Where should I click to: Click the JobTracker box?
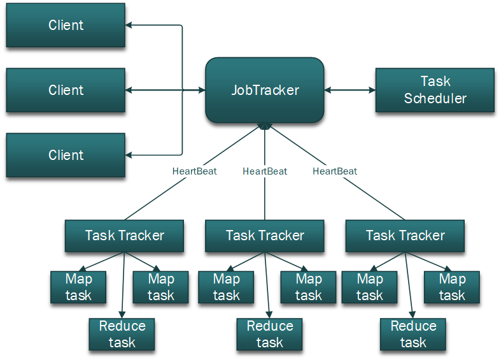pyautogui.click(x=264, y=90)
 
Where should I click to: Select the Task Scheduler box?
pyautogui.click(x=435, y=90)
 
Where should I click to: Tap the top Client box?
pyautogui.click(x=66, y=25)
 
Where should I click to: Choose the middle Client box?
pyautogui.click(x=66, y=90)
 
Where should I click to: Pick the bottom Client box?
pyautogui.click(x=66, y=155)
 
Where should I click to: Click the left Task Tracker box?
pyautogui.click(x=124, y=236)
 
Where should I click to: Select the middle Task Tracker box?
pyautogui.click(x=265, y=236)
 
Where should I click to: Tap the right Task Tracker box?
pyautogui.click(x=405, y=236)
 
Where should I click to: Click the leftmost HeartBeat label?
pyautogui.click(x=194, y=171)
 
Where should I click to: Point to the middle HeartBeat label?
pyautogui.click(x=265, y=171)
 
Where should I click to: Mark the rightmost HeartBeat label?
pyautogui.click(x=335, y=171)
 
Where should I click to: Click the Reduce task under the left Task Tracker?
pyautogui.click(x=122, y=335)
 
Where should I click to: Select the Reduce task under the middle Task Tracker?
pyautogui.click(x=269, y=335)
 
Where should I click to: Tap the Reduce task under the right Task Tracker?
pyautogui.click(x=413, y=335)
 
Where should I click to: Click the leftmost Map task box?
pyautogui.click(x=78, y=287)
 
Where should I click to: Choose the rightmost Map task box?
pyautogui.click(x=452, y=287)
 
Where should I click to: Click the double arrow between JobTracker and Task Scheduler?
pyautogui.click(x=349, y=90)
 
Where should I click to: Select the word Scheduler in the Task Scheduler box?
pyautogui.click(x=435, y=99)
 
